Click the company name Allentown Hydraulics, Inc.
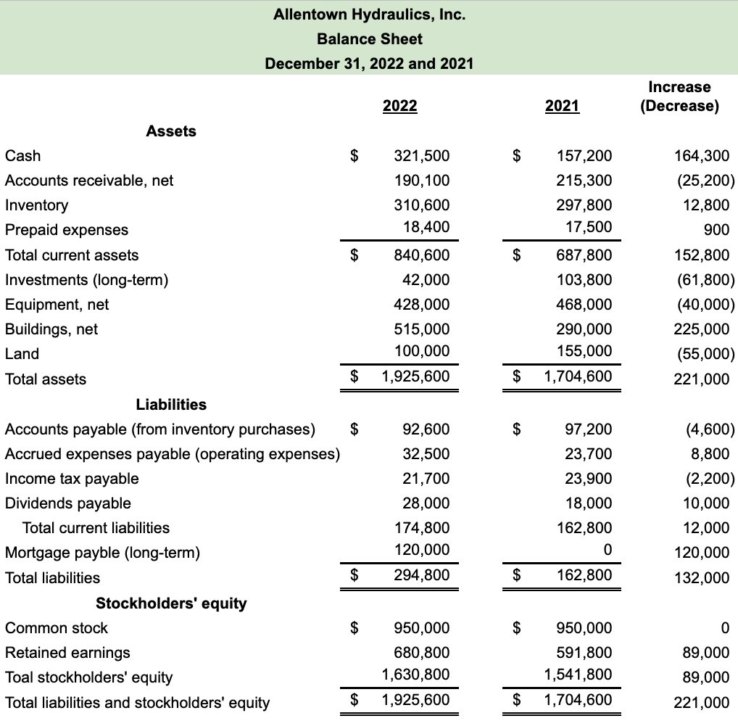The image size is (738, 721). [369, 14]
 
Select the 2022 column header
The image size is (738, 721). [399, 106]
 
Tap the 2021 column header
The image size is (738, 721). [562, 106]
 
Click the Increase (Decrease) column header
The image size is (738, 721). [679, 96]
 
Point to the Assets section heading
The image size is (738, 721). [171, 131]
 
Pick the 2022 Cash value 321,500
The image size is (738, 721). [421, 156]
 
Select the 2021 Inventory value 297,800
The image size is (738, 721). [584, 205]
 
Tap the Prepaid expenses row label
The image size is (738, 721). [67, 230]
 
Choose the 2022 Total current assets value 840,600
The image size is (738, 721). [421, 255]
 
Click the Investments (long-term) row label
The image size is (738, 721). [86, 280]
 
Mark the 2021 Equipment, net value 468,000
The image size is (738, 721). [584, 305]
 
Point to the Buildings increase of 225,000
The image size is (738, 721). [702, 329]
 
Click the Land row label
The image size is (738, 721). [22, 354]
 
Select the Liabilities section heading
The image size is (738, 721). [171, 404]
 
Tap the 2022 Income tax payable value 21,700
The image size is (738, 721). [426, 479]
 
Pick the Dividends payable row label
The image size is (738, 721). [68, 503]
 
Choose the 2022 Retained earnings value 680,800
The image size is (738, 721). [421, 653]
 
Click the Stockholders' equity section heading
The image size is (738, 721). [171, 603]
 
